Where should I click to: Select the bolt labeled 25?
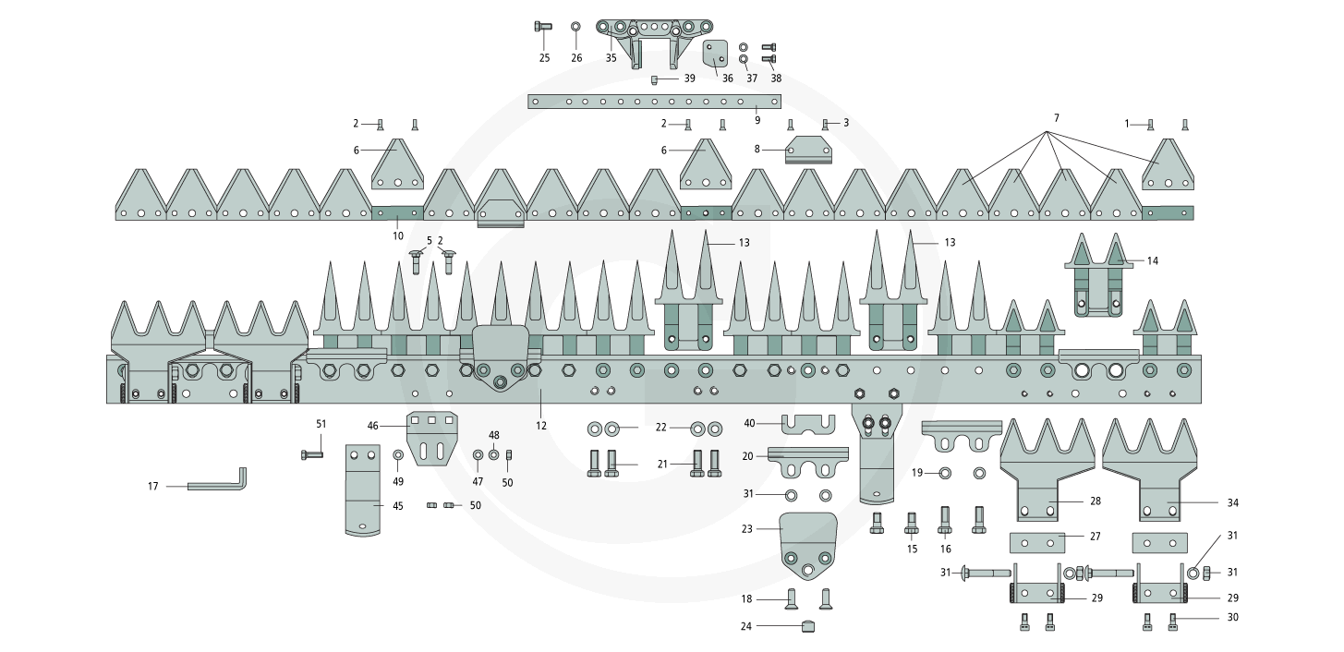(542, 26)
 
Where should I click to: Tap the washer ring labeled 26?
(575, 26)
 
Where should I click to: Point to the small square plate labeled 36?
(716, 54)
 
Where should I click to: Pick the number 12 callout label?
(541, 426)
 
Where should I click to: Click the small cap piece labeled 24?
(808, 626)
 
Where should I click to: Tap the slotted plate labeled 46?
(432, 438)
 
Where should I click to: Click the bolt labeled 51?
(311, 454)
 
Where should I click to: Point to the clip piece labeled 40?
(808, 425)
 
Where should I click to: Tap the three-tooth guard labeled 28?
(1047, 471)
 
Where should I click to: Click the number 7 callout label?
(1056, 118)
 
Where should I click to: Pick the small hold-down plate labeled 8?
(809, 151)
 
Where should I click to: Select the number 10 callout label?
(398, 235)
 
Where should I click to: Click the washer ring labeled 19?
(944, 474)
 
